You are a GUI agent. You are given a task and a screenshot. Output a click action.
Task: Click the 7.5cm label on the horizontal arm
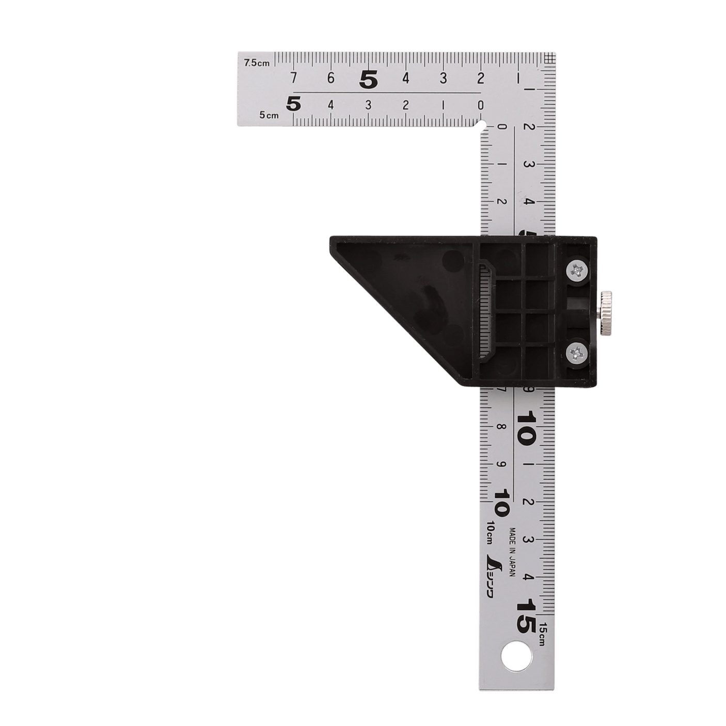pos(257,63)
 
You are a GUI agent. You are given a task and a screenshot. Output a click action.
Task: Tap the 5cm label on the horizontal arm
pos(269,115)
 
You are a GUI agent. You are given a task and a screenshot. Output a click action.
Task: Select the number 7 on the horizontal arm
pos(293,78)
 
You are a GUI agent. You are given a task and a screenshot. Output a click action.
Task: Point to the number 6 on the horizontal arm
pos(330,78)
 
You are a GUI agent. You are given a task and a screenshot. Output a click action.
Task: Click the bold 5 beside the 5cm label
pos(294,104)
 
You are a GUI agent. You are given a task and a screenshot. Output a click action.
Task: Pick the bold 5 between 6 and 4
pos(368,80)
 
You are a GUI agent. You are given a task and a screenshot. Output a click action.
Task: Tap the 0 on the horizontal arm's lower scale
pos(480,105)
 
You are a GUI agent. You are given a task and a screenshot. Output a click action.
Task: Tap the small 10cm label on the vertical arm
pos(490,532)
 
